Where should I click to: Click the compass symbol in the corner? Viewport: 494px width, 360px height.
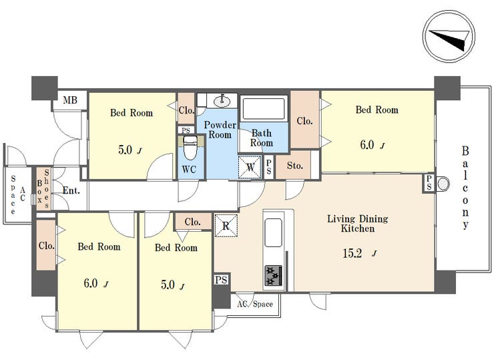point(449,36)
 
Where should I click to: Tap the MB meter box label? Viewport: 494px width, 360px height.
point(70,100)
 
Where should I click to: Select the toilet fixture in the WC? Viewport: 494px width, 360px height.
point(190,148)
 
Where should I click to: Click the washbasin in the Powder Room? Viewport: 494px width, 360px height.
point(222,102)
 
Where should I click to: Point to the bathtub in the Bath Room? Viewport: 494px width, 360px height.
point(264,109)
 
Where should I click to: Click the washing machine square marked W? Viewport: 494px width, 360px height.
point(250,167)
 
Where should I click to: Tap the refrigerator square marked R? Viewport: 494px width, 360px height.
point(226,225)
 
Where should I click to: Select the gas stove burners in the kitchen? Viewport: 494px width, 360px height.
point(273,275)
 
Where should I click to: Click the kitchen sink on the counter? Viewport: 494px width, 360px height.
point(273,232)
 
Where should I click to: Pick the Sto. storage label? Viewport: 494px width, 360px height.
point(295,166)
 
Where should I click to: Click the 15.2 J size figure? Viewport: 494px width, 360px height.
point(359,253)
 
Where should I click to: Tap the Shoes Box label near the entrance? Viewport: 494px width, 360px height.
point(43,189)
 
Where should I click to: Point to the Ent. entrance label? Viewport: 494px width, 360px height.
point(71,190)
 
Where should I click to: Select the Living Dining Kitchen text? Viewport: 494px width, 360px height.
point(358,223)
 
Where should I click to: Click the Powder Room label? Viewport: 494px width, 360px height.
point(220,130)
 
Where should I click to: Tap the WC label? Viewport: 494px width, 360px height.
point(189,170)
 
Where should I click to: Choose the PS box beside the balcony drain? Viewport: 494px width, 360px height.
point(429,183)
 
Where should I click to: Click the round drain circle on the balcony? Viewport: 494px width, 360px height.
point(443,183)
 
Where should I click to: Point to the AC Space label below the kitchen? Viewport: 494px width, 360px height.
point(255,304)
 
